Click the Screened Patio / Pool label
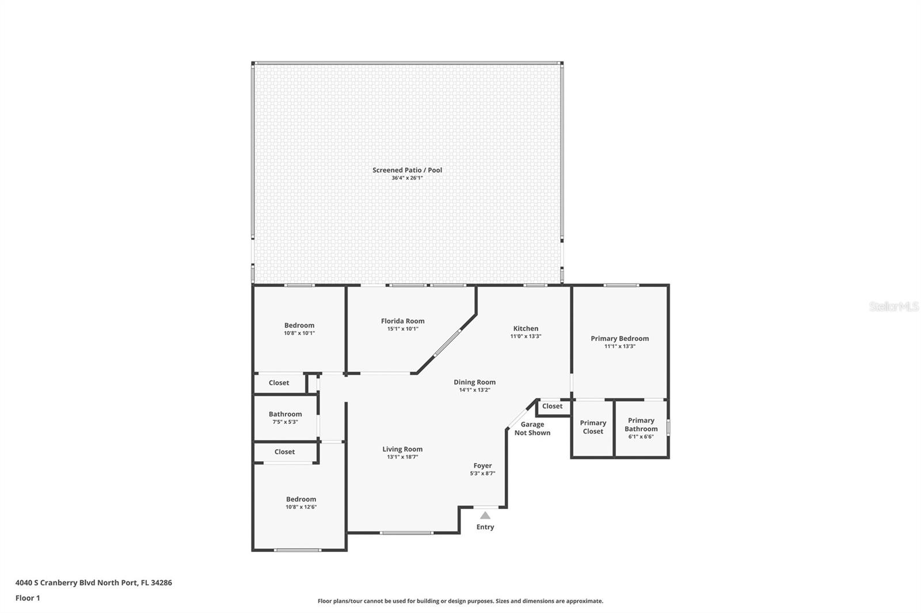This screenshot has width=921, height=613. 407,170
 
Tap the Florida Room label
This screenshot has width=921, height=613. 402,321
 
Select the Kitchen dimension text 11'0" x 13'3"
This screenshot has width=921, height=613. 526,336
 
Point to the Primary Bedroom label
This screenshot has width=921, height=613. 619,339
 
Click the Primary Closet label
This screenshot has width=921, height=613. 592,427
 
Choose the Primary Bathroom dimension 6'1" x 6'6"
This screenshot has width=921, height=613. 641,436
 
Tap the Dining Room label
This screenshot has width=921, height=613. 474,382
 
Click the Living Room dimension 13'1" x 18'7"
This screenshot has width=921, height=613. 402,457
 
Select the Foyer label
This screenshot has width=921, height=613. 482,466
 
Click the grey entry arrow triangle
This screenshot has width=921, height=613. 485,515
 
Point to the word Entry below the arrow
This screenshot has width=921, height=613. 485,527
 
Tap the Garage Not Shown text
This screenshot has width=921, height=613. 532,429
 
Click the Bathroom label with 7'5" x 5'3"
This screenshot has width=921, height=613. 285,414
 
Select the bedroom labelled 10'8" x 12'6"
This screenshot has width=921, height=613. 301,500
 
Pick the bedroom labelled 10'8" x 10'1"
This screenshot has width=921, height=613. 299,325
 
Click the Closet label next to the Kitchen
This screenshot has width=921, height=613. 552,407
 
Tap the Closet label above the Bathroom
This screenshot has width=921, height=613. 279,383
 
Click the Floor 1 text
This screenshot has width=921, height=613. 28,598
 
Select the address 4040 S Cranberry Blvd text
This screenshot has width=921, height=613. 93,583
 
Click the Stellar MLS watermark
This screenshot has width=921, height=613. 893,307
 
